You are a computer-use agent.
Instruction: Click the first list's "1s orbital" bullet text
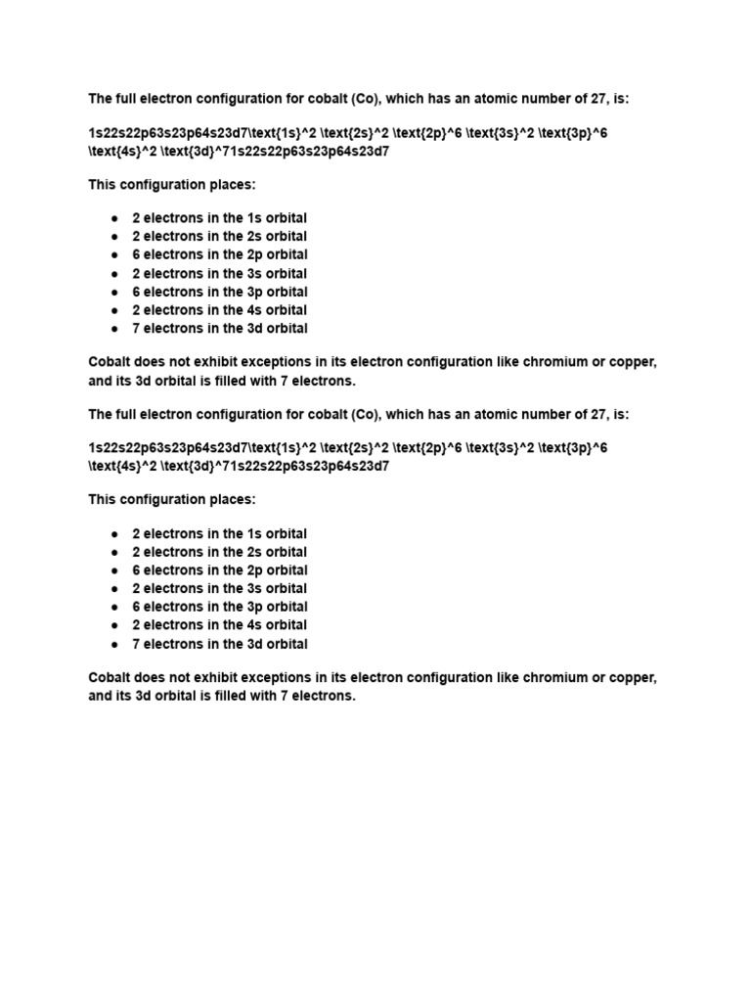coord(219,218)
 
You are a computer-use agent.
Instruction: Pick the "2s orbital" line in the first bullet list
coord(219,237)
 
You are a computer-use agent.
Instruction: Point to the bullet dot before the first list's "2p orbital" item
coord(114,255)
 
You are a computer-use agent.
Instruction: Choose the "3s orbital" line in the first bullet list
coord(219,274)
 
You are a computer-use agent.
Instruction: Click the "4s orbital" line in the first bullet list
coord(219,310)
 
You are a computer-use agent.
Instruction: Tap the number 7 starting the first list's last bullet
coord(137,329)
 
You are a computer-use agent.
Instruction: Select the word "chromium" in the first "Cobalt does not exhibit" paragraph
coord(547,362)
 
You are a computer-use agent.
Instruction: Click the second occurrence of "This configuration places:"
coord(172,500)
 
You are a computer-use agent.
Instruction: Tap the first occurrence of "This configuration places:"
coord(172,184)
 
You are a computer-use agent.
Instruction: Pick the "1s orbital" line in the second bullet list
coord(219,534)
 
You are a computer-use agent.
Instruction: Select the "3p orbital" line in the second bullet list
coord(219,607)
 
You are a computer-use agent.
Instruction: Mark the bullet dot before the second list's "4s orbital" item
coord(114,625)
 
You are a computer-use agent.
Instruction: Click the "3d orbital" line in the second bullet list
coord(219,644)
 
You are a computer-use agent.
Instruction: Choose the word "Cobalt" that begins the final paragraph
coord(110,678)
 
